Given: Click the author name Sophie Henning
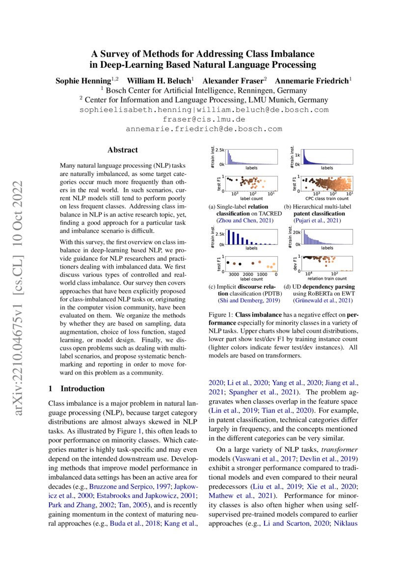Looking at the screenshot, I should coord(82,80).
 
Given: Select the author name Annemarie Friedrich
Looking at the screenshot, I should coord(312,80).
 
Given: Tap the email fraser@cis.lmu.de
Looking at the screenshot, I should coord(203,119).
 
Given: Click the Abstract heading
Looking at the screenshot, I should coord(123,150).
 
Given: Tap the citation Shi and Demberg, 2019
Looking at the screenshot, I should coord(243,300).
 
